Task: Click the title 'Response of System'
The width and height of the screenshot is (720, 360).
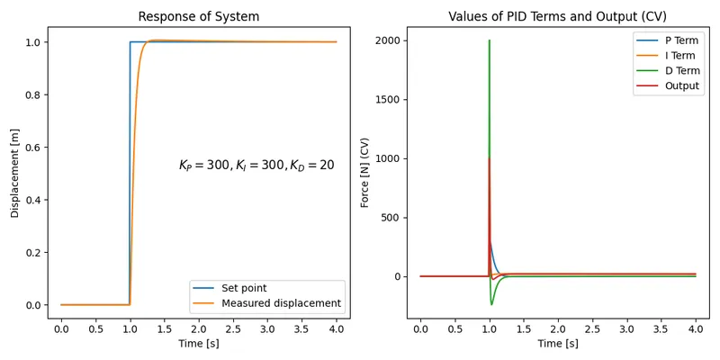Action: pos(198,16)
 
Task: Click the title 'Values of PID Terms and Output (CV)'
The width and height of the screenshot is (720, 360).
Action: pos(557,16)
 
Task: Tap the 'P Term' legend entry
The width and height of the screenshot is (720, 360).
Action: pos(680,40)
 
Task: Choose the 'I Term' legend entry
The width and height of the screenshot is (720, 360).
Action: pos(679,56)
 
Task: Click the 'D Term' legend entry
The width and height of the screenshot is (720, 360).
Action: pos(680,71)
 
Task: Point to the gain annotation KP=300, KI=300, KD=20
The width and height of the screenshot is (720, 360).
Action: pos(256,166)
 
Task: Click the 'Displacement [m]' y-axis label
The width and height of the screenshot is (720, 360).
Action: pos(15,172)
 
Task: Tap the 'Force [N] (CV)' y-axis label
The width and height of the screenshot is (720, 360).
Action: pos(365,172)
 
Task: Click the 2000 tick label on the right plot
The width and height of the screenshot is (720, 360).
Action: pos(386,40)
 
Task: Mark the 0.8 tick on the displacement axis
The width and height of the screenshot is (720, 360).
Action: pos(32,94)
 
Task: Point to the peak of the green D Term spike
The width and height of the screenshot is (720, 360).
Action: pos(489,40)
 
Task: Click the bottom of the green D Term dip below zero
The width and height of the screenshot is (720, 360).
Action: pos(491,304)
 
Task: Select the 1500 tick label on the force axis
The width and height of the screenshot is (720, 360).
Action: pos(386,100)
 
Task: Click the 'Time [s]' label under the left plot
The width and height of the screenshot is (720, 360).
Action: pos(198,344)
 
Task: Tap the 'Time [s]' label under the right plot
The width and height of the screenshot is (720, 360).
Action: pos(557,344)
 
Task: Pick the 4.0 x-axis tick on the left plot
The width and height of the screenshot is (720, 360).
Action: pos(336,328)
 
